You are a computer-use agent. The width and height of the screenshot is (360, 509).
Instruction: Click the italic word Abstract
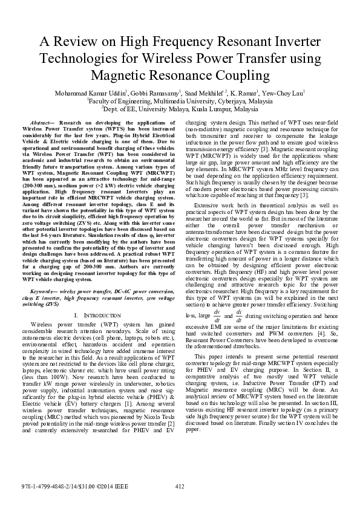[x=41, y=123]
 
